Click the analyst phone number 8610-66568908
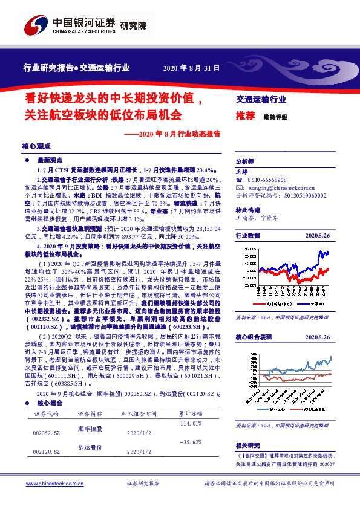coord(267,180)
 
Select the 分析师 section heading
coord(244,162)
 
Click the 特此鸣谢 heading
coord(247,209)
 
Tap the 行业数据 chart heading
coord(247,235)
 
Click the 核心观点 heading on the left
coord(36,146)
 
